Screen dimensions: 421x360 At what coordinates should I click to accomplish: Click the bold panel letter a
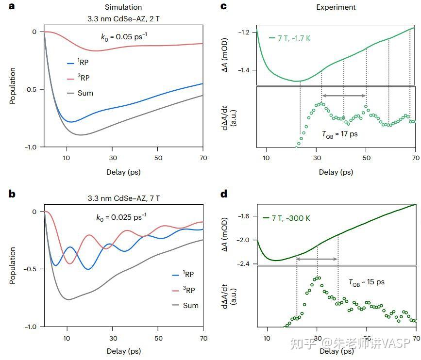pos(12,6)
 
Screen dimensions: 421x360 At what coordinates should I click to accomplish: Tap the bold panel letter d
pos(224,194)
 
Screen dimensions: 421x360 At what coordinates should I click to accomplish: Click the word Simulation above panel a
pos(123,7)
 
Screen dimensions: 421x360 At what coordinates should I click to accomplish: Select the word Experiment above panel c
pos(336,7)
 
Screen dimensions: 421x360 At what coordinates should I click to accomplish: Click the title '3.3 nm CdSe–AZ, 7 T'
pos(124,198)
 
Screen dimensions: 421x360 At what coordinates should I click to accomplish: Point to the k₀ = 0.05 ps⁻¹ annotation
pos(124,36)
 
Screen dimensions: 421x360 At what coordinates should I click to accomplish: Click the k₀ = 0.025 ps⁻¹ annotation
pos(121,217)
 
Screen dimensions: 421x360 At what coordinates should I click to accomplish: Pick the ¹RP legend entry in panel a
pos(78,62)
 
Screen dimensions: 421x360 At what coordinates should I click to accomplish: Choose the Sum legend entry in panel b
pos(185,305)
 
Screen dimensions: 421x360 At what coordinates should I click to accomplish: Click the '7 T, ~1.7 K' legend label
pos(290,38)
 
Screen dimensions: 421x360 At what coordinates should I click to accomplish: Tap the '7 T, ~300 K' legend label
pos(286,218)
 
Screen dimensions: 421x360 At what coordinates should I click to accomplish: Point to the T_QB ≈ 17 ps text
pos(340,134)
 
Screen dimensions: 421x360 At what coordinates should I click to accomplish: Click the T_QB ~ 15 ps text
pos(367,282)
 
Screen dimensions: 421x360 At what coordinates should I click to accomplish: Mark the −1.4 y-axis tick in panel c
pos(244,70)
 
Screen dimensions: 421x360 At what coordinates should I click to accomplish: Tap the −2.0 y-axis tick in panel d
pos(243,240)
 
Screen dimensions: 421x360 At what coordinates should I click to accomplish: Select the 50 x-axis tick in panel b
pos(158,338)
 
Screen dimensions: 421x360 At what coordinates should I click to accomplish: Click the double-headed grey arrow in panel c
pos(344,96)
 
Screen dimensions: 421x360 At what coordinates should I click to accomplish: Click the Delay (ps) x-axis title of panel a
pos(123,172)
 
